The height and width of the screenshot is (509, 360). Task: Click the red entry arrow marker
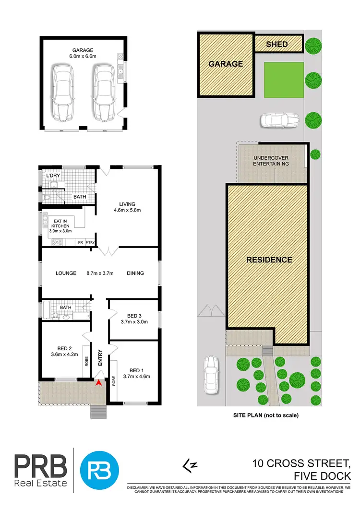99,382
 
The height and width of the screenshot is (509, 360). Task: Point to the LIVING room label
127,203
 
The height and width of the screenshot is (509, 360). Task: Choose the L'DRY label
52,176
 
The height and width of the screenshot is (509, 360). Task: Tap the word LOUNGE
66,273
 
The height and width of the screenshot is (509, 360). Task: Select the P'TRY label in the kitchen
90,243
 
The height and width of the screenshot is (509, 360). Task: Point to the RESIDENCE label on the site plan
269,260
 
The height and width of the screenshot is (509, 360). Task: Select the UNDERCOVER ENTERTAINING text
272,161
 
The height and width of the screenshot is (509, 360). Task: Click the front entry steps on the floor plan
98,412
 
